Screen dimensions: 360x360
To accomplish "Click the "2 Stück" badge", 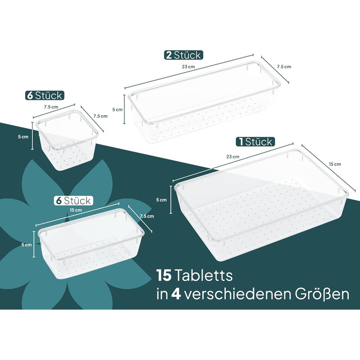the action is (x=184, y=55).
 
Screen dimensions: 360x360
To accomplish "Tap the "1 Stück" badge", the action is (x=255, y=141).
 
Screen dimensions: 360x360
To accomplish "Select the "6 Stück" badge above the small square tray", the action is (x=45, y=96).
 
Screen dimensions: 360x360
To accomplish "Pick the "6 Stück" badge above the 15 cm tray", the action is (x=74, y=201).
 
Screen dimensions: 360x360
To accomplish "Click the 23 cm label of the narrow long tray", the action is (x=188, y=67).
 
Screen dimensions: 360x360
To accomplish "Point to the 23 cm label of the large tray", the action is (x=233, y=157).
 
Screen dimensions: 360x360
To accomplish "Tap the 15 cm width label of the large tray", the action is (x=335, y=164).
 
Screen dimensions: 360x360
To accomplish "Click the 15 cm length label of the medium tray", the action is (x=76, y=210).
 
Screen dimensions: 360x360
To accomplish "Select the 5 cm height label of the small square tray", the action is (x=23, y=137).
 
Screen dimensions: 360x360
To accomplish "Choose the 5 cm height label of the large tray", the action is (x=161, y=200).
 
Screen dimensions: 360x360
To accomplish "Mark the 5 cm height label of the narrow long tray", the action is (x=117, y=110).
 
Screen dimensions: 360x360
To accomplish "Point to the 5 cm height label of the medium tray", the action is (x=26, y=245).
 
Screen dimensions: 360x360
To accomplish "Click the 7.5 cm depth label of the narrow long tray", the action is (x=284, y=67).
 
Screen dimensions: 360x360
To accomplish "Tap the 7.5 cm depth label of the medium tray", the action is (x=147, y=217).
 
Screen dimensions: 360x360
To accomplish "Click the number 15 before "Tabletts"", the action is (x=164, y=275).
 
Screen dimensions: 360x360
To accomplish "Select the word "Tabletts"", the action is (x=204, y=275).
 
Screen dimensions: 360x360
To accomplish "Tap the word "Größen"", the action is (x=322, y=294).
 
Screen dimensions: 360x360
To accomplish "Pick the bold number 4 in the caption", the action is (x=176, y=295).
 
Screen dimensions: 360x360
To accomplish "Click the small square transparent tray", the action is (x=67, y=139).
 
